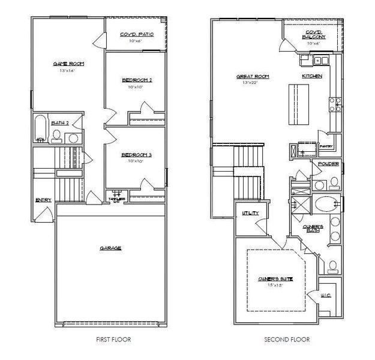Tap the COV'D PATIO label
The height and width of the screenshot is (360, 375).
[137, 34]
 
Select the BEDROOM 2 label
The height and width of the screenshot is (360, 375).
[136, 80]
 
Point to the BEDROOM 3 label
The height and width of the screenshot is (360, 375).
[136, 155]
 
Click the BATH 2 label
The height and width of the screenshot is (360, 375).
[58, 122]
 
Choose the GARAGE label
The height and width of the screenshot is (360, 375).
[111, 248]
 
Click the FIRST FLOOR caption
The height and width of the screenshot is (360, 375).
[113, 340]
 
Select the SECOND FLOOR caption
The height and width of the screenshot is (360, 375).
[287, 340]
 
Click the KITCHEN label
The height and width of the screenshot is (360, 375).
[312, 76]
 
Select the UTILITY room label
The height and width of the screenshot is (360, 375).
[250, 213]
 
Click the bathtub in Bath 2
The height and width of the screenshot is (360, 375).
[40, 128]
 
